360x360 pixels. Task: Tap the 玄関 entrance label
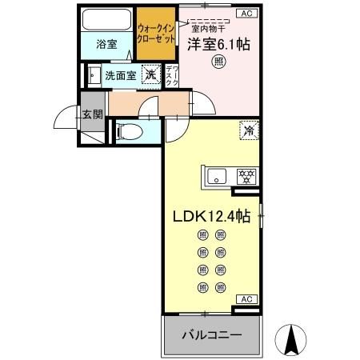pyautogui.click(x=91, y=114)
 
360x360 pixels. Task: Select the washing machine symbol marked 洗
pyautogui.click(x=150, y=75)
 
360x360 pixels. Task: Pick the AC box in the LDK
pyautogui.click(x=246, y=299)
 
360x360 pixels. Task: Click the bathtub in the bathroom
pyautogui.click(x=107, y=20)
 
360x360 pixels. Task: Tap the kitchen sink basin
pyautogui.click(x=217, y=175)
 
